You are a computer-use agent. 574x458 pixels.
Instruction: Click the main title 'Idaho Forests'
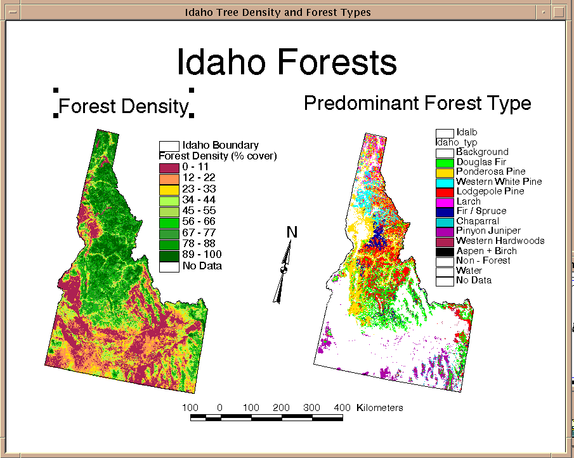coord(287,62)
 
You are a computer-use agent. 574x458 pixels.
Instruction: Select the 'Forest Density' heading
coord(124,106)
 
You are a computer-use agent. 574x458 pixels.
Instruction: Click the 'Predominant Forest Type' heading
coord(417,103)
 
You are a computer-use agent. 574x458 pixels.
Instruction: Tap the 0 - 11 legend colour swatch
coord(169,168)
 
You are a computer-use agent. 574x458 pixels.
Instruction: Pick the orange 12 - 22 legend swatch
coord(169,179)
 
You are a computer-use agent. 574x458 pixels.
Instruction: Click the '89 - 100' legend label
coord(202,255)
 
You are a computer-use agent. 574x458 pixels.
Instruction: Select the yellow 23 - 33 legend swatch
coord(169,190)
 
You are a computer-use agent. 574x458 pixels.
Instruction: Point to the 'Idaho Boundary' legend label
coord(220,145)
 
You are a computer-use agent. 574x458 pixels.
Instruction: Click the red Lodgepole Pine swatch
coord(445,192)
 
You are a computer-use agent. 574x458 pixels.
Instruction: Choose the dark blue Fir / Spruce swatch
coord(445,212)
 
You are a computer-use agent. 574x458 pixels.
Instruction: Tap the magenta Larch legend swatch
coord(445,202)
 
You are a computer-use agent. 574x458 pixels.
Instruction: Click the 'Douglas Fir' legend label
coord(481,162)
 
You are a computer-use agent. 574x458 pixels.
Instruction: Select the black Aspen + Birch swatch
coord(445,252)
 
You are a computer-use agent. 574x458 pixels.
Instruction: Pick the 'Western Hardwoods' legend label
coord(500,241)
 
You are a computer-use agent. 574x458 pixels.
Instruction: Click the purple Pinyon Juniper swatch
coord(445,232)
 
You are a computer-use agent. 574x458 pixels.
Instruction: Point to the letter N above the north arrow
coord(292,232)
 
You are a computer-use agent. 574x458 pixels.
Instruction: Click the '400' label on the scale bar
coord(342,407)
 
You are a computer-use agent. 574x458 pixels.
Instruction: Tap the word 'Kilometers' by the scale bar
coord(380,407)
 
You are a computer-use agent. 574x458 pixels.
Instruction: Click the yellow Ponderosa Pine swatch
coord(445,172)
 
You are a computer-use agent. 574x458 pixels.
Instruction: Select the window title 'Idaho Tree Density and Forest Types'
coord(277,13)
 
